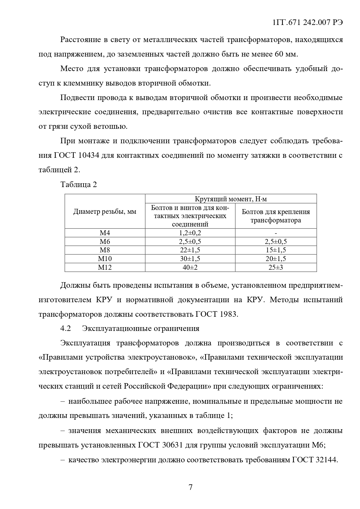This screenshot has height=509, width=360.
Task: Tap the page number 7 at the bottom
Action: click(191, 487)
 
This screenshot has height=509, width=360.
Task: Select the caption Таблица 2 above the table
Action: click(79, 184)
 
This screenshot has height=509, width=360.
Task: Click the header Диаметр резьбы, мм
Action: click(105, 212)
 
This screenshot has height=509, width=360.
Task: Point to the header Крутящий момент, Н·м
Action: click(231, 199)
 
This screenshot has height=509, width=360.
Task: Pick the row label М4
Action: click(105, 233)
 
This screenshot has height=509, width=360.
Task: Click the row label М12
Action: click(105, 267)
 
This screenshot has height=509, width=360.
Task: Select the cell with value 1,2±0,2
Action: click(190, 233)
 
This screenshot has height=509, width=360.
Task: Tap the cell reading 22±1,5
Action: click(190, 250)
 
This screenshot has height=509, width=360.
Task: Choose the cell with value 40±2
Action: click(190, 267)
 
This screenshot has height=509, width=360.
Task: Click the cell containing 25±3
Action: click(276, 267)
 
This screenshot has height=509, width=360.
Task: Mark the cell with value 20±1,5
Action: click(276, 259)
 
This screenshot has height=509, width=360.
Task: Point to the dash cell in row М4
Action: click(276, 233)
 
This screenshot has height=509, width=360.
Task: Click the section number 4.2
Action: click(66, 328)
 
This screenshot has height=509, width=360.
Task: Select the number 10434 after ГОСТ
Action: click(89, 155)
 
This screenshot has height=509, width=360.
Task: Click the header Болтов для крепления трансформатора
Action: click(276, 216)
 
